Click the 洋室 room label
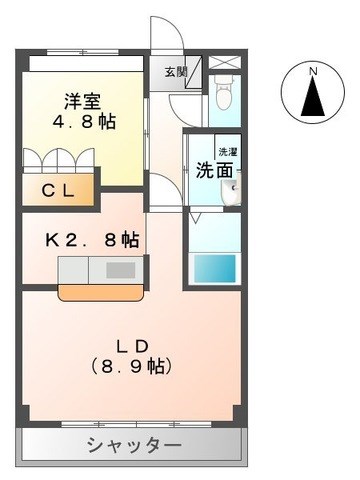tap(82, 102)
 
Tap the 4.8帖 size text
tap(84, 121)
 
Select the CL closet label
tap(58, 191)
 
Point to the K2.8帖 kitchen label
tap(92, 240)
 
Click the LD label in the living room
tap(131, 347)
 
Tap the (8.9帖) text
tap(131, 367)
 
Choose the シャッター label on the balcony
tap(135, 445)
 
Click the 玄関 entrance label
tap(176, 72)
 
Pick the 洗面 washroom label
tap(214, 171)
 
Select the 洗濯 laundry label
tap(228, 152)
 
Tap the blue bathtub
tap(215, 268)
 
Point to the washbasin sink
tap(231, 193)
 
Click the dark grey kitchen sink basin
tap(121, 270)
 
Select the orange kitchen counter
tap(102, 293)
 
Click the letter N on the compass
tap(313, 71)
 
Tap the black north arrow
tap(313, 96)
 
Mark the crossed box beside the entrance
tap(225, 62)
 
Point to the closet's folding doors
tap(59, 161)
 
